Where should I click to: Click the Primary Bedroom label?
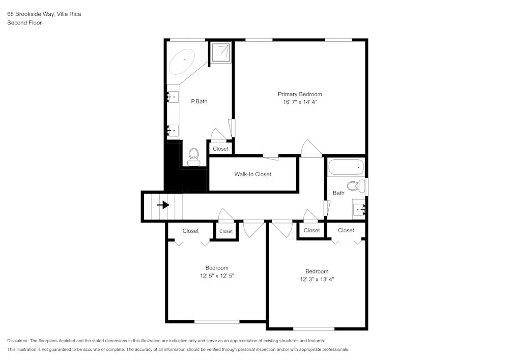[x=300, y=94]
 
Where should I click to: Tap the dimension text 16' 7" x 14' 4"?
[x=300, y=102]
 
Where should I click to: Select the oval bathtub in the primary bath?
[x=182, y=61]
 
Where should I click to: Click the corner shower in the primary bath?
[x=221, y=51]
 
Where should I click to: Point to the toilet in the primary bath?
[x=193, y=157]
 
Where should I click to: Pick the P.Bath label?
[x=199, y=101]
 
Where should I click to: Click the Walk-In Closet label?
[x=252, y=174]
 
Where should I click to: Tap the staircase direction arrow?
[x=163, y=205]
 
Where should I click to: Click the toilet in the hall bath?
[x=356, y=185]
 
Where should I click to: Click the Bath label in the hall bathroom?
[x=338, y=193]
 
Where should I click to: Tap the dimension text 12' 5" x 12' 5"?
[x=217, y=276]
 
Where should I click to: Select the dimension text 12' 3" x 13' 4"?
[x=317, y=279]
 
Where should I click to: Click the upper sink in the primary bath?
[x=173, y=96]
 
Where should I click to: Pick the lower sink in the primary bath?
[x=173, y=131]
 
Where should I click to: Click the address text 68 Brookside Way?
[x=31, y=14]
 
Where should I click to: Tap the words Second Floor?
[x=24, y=23]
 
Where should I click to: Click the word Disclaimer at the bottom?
[x=18, y=341]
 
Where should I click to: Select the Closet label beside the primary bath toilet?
[x=220, y=149]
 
